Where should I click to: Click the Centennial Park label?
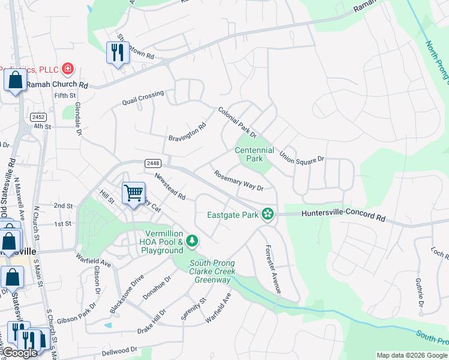(254, 154)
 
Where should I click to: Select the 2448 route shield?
(152, 163)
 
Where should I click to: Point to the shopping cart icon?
(133, 193)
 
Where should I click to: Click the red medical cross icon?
(67, 68)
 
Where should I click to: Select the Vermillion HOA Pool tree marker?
(192, 241)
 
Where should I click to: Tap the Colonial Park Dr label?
(237, 122)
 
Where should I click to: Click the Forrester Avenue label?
(273, 269)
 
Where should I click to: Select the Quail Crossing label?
(142, 97)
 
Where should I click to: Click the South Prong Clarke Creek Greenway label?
(212, 271)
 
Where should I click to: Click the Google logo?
(19, 353)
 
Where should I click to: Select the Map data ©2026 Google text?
(412, 355)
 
